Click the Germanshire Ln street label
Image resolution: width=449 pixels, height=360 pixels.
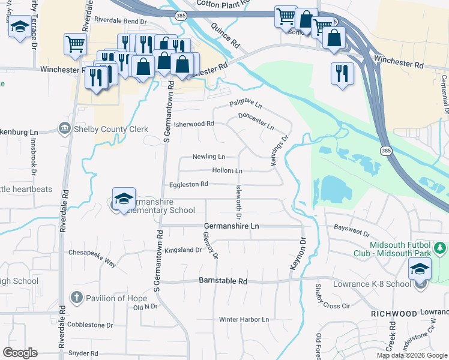click(x=231, y=226)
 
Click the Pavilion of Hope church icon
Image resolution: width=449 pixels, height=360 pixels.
click(x=76, y=298)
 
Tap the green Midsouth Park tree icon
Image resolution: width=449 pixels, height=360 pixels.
click(x=440, y=247)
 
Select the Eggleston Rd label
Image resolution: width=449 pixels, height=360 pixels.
click(x=188, y=184)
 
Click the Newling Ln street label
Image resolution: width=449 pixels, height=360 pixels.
click(x=208, y=157)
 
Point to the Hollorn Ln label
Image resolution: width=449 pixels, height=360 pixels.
click(x=227, y=171)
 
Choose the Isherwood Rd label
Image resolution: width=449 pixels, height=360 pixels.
click(x=194, y=124)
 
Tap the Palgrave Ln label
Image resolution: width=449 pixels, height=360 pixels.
click(x=246, y=105)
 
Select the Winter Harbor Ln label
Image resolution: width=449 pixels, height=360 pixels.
click(x=244, y=319)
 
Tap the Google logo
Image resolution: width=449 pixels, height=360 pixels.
click(x=20, y=353)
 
